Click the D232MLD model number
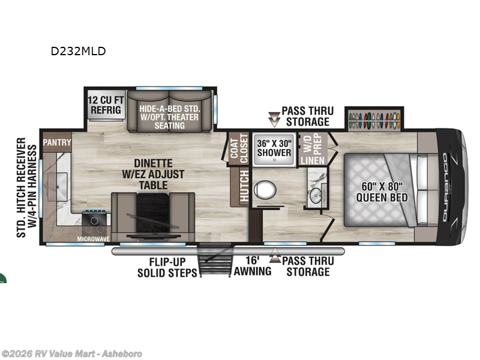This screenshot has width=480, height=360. click(78, 51)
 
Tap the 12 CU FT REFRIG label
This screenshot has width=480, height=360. click(106, 106)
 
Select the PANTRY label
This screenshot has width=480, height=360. click(57, 143)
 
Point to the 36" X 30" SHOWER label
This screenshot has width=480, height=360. click(274, 147)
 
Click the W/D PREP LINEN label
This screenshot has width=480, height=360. click(312, 148)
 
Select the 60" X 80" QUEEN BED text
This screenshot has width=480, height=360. click(382, 191)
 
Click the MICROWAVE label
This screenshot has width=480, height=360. click(94, 239)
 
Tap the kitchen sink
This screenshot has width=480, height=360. click(62, 179)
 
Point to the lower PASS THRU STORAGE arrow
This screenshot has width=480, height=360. click(275, 258)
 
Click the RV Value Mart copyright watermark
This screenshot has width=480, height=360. click(73, 353)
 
